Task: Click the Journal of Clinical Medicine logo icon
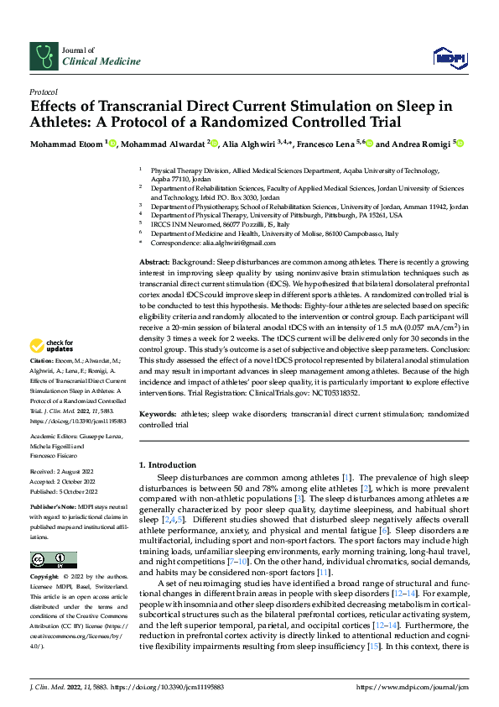click(x=42, y=56)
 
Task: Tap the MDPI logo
click(x=448, y=57)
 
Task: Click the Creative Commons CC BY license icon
click(x=53, y=560)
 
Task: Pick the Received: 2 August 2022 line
click(x=64, y=474)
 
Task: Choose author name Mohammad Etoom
click(x=67, y=143)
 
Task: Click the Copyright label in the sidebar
click(x=45, y=578)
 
